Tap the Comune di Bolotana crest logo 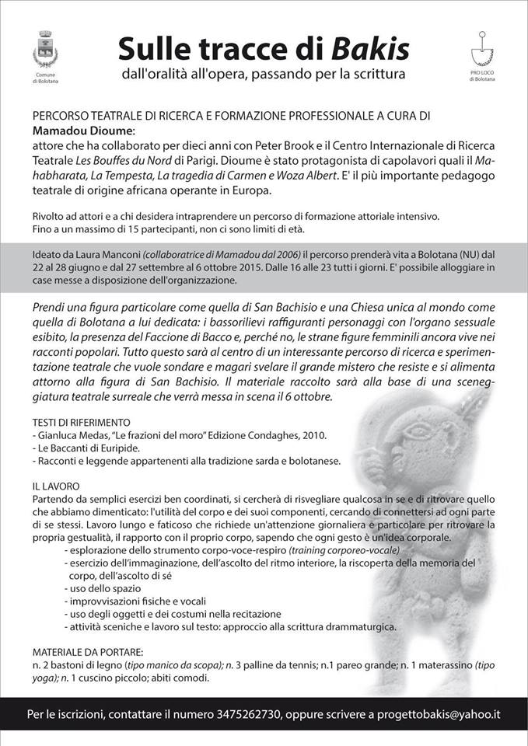click(44, 51)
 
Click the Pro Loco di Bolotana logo click(482, 50)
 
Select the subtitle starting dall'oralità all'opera click(263, 75)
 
